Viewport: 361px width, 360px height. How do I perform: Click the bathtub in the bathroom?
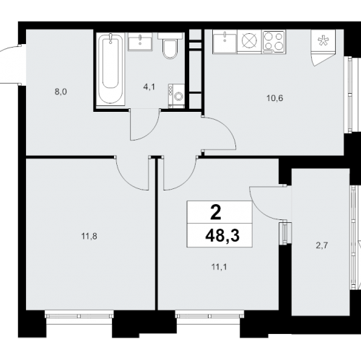point(110,69)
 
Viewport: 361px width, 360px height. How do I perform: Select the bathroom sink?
point(140,42)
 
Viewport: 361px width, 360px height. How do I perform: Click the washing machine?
point(176,96)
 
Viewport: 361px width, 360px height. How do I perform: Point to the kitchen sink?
point(225,42)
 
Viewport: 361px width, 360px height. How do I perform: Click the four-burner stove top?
point(274,42)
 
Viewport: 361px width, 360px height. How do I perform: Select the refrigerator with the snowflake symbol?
point(323,41)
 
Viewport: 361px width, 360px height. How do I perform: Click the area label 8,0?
point(61,92)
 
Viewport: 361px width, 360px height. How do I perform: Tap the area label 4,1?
point(149,87)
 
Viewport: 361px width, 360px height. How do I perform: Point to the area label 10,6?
point(275,98)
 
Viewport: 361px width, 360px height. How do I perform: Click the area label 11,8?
point(89,237)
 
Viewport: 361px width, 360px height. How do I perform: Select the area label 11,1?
point(219,267)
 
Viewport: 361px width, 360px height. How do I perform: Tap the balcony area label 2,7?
point(322,246)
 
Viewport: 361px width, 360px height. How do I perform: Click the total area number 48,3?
point(222,235)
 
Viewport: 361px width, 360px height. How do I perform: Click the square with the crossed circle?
point(250,42)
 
